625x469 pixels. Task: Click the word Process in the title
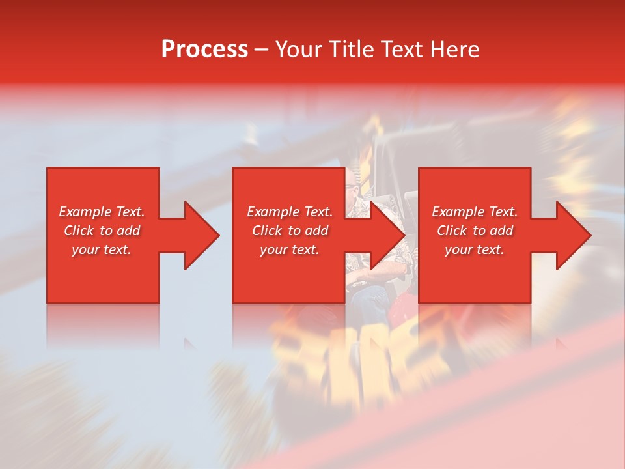coord(204,50)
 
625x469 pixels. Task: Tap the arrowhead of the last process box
coord(574,235)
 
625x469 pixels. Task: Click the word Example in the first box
coord(85,212)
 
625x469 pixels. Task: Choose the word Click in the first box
coord(79,231)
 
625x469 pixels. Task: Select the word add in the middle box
coord(317,231)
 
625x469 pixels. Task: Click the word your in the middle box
coord(273,249)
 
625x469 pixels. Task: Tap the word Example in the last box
coord(458,212)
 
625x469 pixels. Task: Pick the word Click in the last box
coord(452,231)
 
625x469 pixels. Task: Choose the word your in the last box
coord(458,249)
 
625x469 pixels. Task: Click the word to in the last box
coord(480,231)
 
